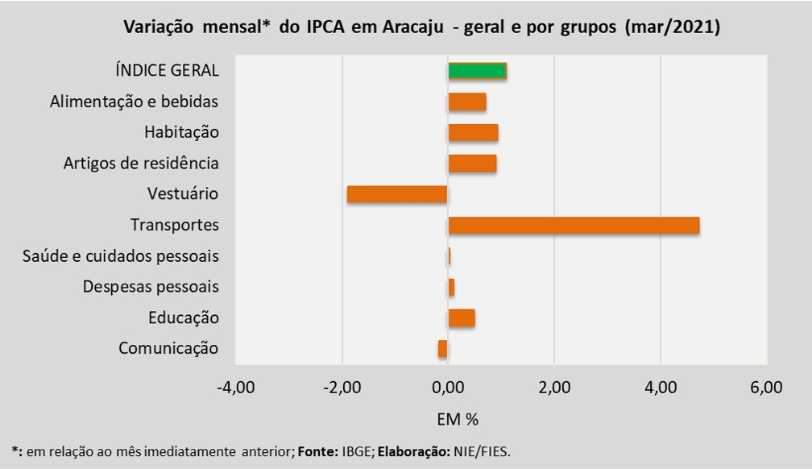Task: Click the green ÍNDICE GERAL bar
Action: (x=477, y=70)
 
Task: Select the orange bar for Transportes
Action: (x=574, y=226)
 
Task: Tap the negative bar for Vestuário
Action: (x=396, y=194)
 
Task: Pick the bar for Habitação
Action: (x=473, y=132)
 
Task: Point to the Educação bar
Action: (x=462, y=318)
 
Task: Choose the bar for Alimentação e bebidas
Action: (x=467, y=102)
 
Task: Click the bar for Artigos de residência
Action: (x=472, y=164)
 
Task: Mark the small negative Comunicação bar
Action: (x=443, y=349)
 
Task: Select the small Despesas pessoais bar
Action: (x=451, y=287)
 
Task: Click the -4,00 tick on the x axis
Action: (x=236, y=388)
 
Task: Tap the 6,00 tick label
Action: (x=766, y=388)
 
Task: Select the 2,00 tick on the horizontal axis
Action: (x=554, y=388)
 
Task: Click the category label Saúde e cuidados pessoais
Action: (x=122, y=256)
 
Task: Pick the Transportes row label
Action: (x=175, y=225)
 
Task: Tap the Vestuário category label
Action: (x=183, y=194)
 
